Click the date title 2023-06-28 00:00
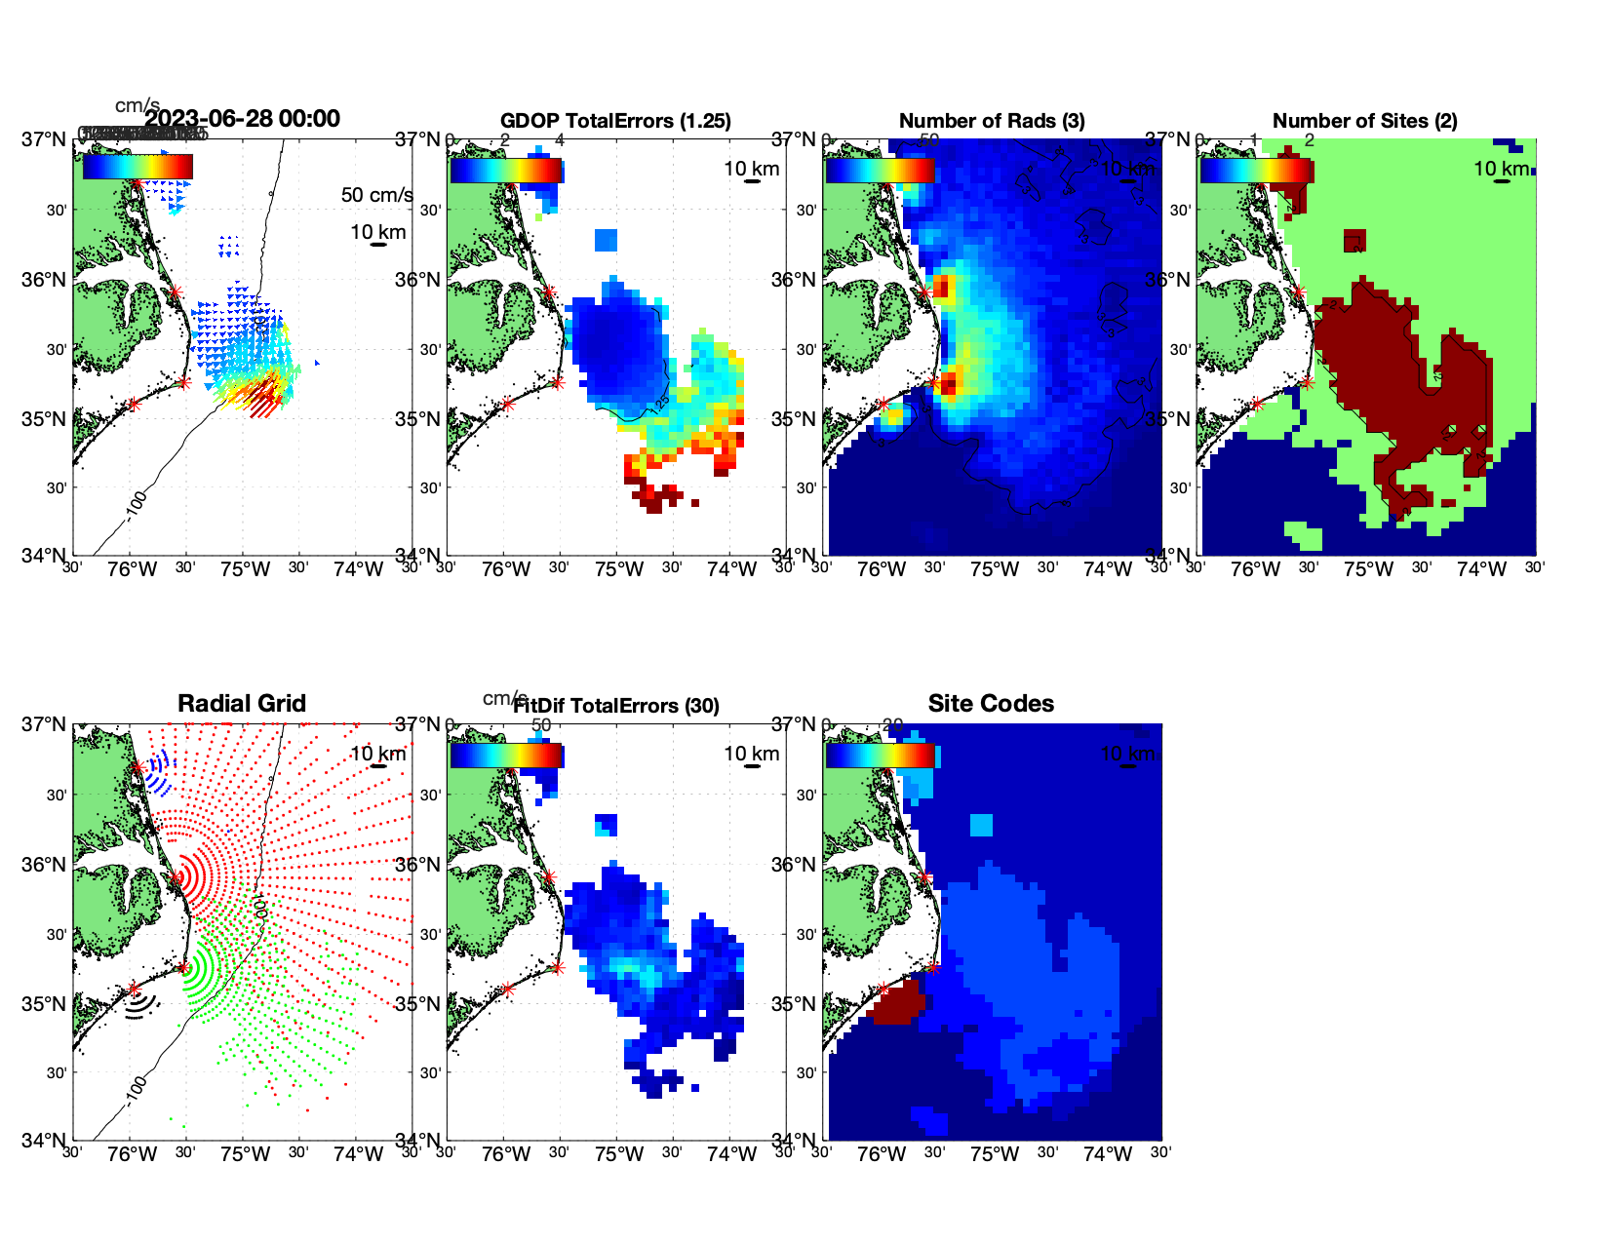pos(242,119)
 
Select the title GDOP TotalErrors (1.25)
pos(615,121)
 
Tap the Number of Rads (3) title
pos(992,121)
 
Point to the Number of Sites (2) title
pos(1364,121)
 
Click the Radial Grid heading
pos(242,704)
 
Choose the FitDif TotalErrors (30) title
pos(616,706)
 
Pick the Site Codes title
pos(991,704)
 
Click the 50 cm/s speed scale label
pos(376,195)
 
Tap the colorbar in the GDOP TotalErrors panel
pos(506,170)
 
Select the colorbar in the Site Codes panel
pos(881,755)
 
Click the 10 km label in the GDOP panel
pos(751,169)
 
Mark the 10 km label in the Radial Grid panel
pos(377,754)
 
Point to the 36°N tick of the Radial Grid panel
pos(44,865)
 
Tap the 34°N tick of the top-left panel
pos(44,556)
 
